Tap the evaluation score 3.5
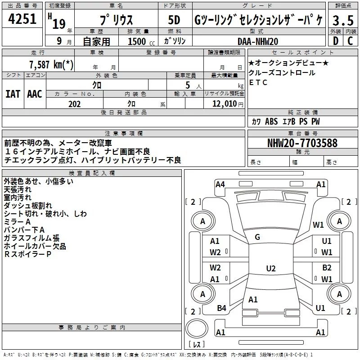pos(342,21)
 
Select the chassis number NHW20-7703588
pos(302,143)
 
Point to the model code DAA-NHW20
pos(258,41)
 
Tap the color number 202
pos(74,104)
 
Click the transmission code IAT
pos(13,94)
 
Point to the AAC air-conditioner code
pos(35,94)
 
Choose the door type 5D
pos(174,21)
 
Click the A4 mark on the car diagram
pos(220,184)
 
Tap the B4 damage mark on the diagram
pos(221,308)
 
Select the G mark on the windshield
pos(257,237)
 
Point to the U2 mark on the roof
pos(270,269)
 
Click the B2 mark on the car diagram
pos(327,267)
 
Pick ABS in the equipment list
pos(271,121)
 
